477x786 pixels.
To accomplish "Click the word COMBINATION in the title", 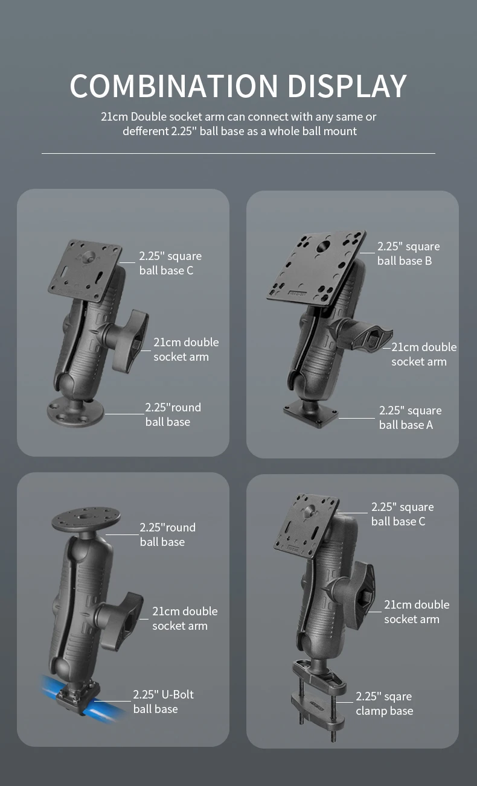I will (174, 86).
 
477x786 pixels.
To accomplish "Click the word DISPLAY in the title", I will (347, 86).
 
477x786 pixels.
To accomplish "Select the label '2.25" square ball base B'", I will (408, 253).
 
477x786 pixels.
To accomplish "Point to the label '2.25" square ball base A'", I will (410, 417).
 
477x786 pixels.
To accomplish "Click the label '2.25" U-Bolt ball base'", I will (163, 702).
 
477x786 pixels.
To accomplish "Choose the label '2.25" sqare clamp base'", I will (384, 703).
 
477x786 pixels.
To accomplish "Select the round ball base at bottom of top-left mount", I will (75, 411).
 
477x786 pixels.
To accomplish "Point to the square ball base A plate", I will (311, 415).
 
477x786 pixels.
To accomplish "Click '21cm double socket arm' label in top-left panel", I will (185, 349).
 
